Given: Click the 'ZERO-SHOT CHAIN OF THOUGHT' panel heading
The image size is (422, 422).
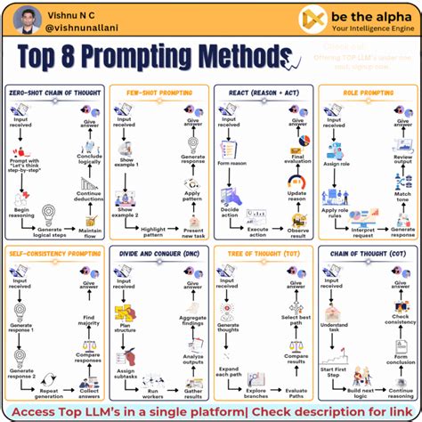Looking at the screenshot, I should [x=54, y=92].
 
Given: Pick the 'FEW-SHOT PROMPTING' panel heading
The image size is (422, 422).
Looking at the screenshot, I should [x=158, y=92].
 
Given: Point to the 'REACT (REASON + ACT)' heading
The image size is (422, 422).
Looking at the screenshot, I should [x=263, y=92].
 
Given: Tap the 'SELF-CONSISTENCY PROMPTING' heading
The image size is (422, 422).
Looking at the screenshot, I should [x=55, y=252].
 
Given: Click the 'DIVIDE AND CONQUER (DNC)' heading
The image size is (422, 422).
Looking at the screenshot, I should [x=158, y=252].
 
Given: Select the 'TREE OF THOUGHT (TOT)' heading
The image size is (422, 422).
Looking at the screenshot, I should [x=263, y=252].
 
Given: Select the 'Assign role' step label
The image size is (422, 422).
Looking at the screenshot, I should [x=335, y=164].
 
